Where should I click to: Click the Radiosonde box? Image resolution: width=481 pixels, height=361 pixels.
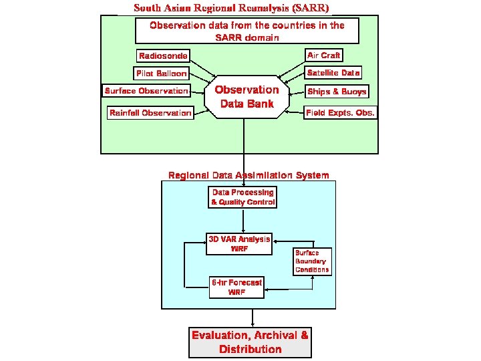point(163,56)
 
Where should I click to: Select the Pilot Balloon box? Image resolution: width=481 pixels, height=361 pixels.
point(162,74)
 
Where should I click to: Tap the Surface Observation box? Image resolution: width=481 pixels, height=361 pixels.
point(146,91)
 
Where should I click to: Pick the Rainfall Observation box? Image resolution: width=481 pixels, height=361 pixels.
point(150,113)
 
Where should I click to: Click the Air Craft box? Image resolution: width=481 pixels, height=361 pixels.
point(324,55)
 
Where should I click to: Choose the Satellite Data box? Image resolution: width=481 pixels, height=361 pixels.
point(333,73)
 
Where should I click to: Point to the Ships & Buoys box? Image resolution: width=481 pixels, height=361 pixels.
point(337,92)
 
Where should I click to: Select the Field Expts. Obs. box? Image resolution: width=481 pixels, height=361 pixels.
point(340,113)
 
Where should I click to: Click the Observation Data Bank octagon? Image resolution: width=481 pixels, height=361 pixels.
point(247,97)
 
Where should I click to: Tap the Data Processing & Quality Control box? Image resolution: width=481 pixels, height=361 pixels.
point(243,197)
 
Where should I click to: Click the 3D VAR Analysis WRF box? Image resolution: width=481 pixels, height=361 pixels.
point(239,244)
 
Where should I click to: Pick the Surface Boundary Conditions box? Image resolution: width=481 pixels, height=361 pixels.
point(311,261)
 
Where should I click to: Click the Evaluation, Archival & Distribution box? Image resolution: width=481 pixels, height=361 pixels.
point(250,342)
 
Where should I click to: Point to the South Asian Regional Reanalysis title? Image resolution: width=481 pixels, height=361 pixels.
point(232,8)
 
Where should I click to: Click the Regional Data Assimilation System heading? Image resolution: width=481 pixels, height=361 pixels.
point(249,176)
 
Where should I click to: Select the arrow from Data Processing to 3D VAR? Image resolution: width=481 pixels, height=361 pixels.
point(243,221)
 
